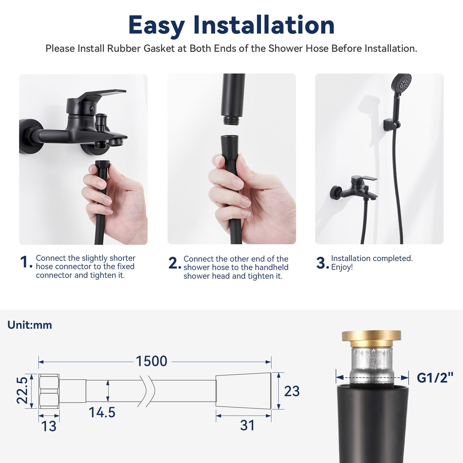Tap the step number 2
click(174, 263)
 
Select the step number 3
click(321, 263)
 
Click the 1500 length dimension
click(152, 361)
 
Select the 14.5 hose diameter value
click(102, 412)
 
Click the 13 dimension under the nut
click(49, 426)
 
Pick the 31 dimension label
click(247, 425)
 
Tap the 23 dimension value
click(292, 392)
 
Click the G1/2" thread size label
click(435, 378)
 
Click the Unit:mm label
click(30, 325)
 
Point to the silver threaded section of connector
click(371, 365)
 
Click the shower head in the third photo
click(401, 82)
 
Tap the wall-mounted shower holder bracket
click(391, 124)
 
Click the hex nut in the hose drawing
click(49, 391)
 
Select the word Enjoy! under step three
click(342, 267)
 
